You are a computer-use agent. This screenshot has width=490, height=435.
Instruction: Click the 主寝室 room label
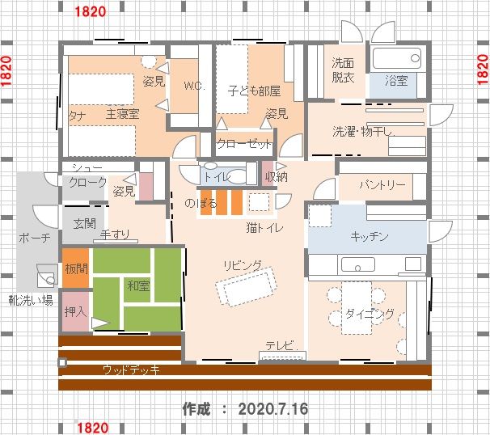coord(123,114)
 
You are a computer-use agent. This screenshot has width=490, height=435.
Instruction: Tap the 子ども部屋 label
coord(254,91)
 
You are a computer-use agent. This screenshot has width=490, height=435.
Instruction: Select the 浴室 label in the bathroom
coord(396,81)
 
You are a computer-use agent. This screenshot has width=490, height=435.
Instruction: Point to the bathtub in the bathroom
coord(397,58)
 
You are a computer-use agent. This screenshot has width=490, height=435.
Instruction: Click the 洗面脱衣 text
coord(343,70)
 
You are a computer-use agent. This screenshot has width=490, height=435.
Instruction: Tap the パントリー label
coord(382,185)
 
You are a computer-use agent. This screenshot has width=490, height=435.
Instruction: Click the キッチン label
coord(370,236)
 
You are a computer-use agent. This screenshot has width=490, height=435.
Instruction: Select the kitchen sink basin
coord(358,264)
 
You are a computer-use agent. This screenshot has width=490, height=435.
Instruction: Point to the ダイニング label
coord(370,314)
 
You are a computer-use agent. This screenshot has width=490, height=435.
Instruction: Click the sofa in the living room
coord(247,286)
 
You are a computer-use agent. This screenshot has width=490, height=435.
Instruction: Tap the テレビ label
coord(281,345)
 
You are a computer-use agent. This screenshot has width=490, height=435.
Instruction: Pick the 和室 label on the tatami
coord(138,285)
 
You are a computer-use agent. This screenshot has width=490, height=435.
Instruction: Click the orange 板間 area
coord(76,268)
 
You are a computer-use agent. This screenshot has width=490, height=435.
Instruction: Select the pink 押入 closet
coord(76,311)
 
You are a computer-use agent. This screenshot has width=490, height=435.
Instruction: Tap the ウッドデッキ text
coord(131,370)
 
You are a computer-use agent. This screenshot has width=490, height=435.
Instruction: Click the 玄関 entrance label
coord(84,224)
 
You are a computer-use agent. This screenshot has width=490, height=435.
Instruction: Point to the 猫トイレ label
coord(264,227)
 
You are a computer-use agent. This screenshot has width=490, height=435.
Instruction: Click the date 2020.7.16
coord(273,409)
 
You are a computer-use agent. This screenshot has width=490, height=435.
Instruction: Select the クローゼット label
coord(245,144)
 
